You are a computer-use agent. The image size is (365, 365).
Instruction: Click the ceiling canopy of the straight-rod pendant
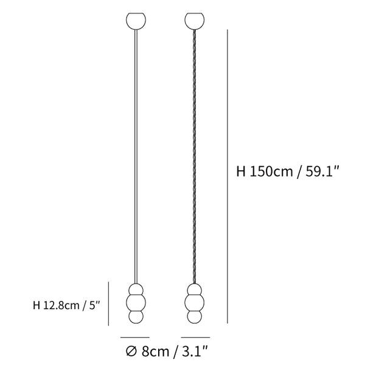coord(136,21)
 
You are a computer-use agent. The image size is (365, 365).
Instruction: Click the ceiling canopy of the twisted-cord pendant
coord(195,21)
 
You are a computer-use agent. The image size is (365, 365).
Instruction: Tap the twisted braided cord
coord(195,156)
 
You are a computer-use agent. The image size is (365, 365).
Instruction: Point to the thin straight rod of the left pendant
coord(136,156)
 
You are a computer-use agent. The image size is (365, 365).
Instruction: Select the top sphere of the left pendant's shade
coord(136,290)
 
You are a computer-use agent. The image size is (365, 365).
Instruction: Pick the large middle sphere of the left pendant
coord(136,302)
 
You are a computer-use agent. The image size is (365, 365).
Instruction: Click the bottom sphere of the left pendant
coord(136,317)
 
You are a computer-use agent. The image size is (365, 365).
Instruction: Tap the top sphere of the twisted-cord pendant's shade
coord(195,290)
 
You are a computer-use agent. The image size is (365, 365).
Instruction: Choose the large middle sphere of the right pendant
coord(195,302)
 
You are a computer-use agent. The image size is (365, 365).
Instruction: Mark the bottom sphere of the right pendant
coord(195,317)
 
